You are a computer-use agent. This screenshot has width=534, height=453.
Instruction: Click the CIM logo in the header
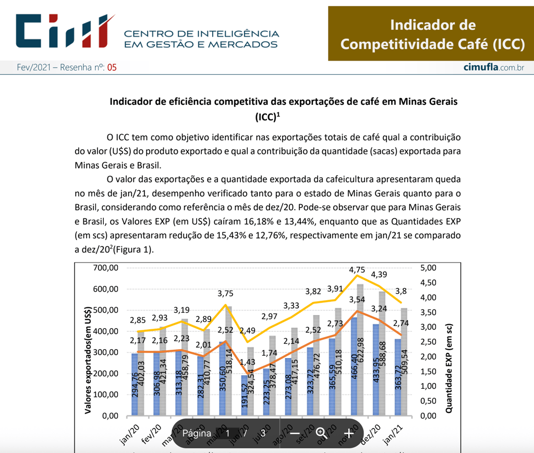65,31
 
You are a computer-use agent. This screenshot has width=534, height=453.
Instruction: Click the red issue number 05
112,68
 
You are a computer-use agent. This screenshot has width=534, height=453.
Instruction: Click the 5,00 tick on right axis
427,268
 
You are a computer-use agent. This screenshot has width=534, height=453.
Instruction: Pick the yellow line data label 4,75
357,270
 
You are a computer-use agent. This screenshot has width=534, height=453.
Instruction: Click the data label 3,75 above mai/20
225,293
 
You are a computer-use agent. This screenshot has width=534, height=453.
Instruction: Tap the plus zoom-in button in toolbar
349,433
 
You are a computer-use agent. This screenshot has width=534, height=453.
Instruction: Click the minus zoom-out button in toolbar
295,433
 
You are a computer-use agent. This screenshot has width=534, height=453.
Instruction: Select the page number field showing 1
228,433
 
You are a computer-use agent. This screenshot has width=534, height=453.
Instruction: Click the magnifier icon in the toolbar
321,433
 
